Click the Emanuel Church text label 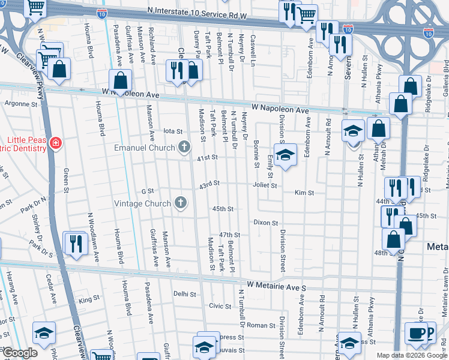click(x=144, y=147)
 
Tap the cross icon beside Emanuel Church click(x=184, y=147)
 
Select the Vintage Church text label click(x=142, y=203)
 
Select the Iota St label click(x=172, y=131)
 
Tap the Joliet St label click(x=265, y=185)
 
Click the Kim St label click(x=301, y=193)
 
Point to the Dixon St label click(x=265, y=223)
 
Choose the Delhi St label click(x=185, y=294)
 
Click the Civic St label click(x=216, y=306)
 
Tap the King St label click(x=89, y=299)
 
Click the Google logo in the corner click(x=19, y=353)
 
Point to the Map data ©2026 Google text click(x=412, y=355)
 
